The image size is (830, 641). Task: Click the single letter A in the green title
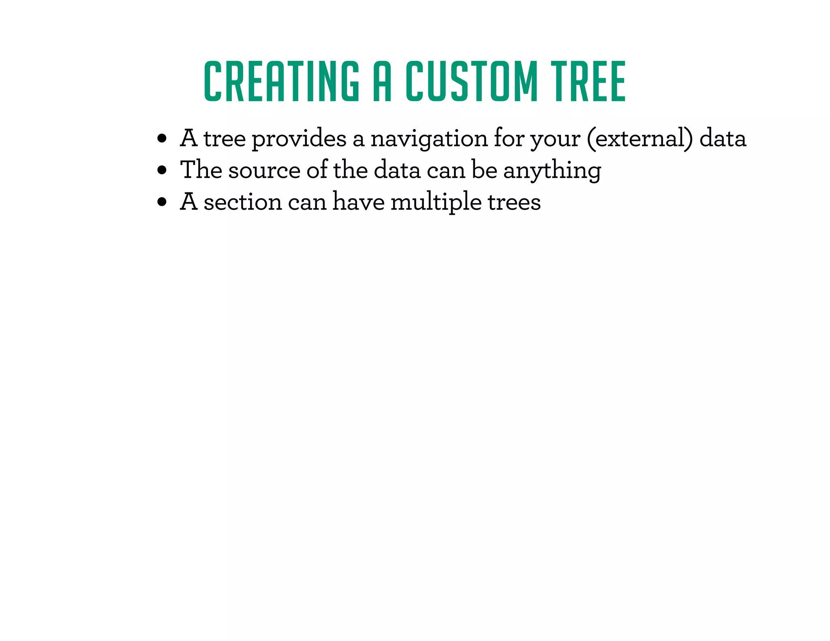click(x=382, y=81)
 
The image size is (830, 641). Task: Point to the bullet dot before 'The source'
click(x=162, y=171)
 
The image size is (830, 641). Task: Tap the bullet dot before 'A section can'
click(x=162, y=202)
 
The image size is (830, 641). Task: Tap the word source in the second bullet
click(x=264, y=171)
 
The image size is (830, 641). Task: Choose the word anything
click(x=552, y=171)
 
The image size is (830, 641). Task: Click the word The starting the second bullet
click(x=201, y=170)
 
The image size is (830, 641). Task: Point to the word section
click(x=242, y=202)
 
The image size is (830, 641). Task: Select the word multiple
click(x=436, y=202)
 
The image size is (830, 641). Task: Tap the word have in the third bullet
click(x=358, y=202)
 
